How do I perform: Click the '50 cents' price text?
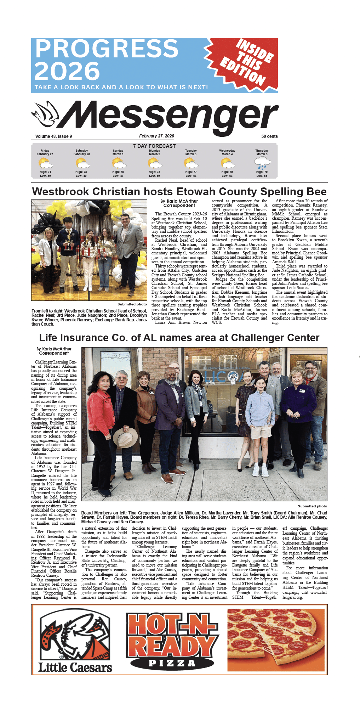(269, 136)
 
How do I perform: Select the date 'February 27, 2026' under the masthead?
(156, 136)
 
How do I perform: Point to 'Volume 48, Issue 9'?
(53, 136)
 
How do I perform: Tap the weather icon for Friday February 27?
(45, 163)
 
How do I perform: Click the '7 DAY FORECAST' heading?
(154, 146)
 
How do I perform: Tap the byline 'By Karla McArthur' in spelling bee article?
(179, 201)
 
